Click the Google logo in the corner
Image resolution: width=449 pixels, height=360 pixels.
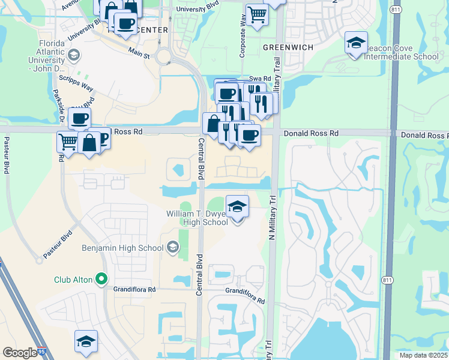click(20, 353)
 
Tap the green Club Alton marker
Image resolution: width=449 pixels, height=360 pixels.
click(101, 278)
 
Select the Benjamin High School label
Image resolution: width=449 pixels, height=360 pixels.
click(122, 248)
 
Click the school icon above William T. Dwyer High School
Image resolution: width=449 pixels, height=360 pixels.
click(238, 207)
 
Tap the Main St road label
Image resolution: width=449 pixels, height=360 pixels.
click(139, 54)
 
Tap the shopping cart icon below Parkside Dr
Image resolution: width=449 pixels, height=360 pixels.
click(68, 142)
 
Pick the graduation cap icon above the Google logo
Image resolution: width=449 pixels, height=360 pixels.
click(86, 341)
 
